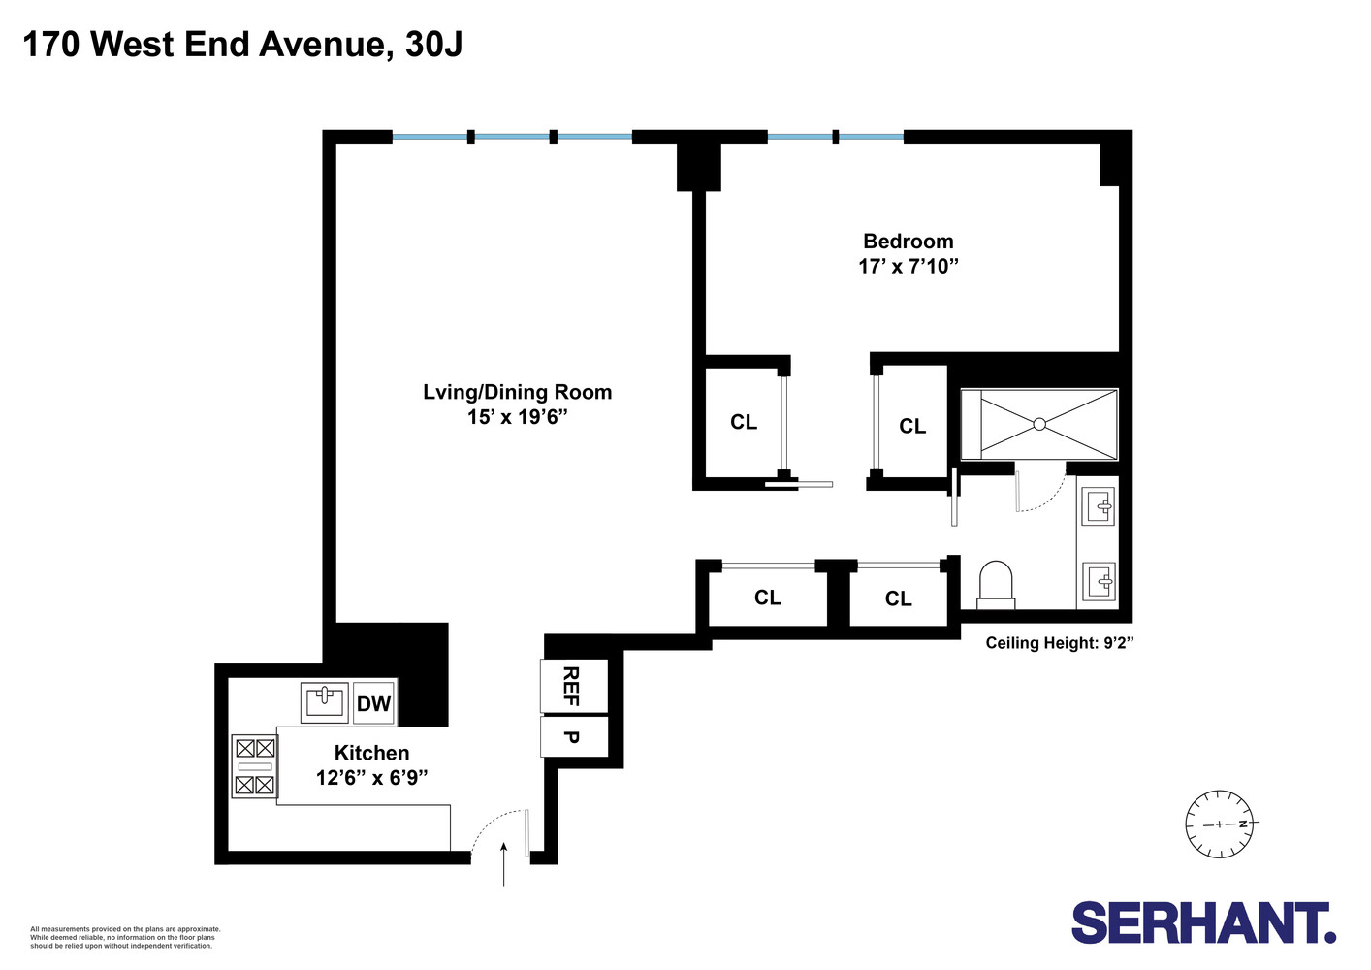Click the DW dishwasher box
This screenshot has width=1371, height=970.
pos(373,703)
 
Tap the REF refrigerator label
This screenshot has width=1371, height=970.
pos(572,686)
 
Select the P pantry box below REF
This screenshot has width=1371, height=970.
pos(572,737)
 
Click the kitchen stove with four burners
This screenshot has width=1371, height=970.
pos(255,766)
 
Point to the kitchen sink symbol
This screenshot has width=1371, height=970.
pos(325,700)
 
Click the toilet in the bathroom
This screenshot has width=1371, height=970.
pos(996,586)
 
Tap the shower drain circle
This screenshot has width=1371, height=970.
pos(1039,424)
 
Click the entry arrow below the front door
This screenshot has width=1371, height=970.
pos(504,864)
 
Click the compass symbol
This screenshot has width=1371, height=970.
pos(1220,824)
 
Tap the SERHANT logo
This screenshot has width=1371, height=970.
pos(1203,922)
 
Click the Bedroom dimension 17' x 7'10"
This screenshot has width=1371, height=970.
pos(909,266)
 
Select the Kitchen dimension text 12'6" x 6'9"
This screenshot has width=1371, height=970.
pos(371,777)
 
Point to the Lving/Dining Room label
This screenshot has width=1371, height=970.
pos(517,392)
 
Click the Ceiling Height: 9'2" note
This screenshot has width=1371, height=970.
pos(1060,642)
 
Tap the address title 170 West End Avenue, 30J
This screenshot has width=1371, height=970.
pos(242,44)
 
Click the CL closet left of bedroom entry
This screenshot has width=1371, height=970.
pos(744,422)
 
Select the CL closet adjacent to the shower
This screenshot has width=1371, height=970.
pos(911,426)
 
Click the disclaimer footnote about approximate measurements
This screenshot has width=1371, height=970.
pos(125,937)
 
